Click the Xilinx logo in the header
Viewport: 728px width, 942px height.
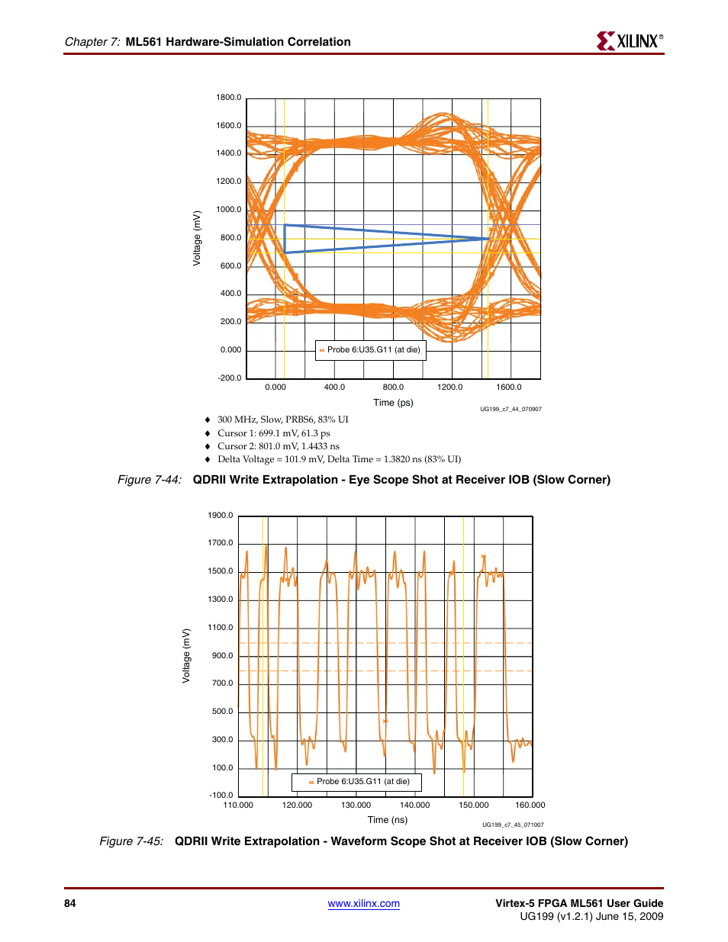pos(630,41)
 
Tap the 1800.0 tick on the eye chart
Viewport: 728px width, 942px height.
pos(228,98)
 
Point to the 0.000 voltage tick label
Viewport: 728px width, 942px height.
pos(230,350)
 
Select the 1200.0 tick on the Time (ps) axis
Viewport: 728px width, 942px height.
pos(450,387)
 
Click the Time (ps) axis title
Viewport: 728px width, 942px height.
pos(393,403)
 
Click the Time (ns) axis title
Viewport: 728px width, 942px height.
pos(388,820)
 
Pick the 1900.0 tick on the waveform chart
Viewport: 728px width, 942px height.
pos(221,516)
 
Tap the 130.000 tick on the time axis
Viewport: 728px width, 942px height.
pos(356,805)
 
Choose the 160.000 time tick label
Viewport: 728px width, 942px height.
pos(530,805)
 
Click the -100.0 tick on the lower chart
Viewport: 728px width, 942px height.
pos(221,796)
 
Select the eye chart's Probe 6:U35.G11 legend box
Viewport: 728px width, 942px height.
pos(370,350)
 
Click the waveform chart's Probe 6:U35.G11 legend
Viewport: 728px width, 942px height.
pos(356,782)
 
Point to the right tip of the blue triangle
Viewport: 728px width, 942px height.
pos(488,239)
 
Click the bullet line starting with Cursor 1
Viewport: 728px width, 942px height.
pos(273,433)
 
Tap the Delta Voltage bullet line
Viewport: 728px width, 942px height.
pos(339,459)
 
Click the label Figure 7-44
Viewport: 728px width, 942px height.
pos(150,480)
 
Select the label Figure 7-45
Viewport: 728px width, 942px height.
pos(131,841)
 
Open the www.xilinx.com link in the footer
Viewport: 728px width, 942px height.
pos(363,904)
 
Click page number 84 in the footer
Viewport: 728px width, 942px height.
pos(70,904)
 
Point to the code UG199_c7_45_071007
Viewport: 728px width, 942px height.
pos(513,825)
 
